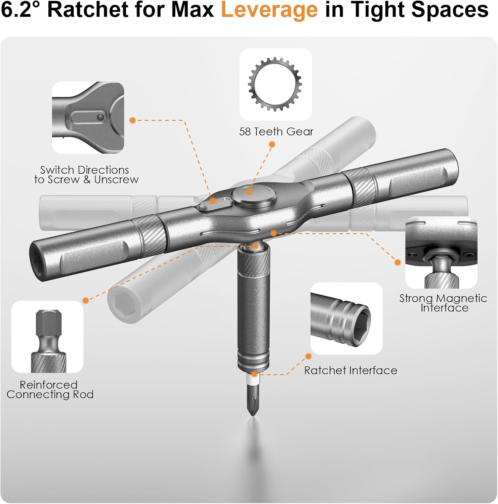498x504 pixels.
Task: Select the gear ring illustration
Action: pos(275,84)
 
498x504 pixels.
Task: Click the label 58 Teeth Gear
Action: pos(276,131)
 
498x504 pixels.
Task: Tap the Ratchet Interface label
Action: pos(350,370)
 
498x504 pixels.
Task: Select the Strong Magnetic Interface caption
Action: pos(443,303)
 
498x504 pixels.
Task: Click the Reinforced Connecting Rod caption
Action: pos(50,389)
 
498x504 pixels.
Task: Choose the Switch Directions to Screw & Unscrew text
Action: pos(86,175)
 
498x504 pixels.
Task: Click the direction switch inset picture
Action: pos(88,118)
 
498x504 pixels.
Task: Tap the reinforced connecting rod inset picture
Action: pos(47,337)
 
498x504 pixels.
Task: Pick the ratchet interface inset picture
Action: pos(346,319)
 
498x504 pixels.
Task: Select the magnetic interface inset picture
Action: pos(441,253)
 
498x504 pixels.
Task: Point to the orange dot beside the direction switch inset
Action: pos(133,120)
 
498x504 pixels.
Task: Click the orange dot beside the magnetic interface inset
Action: pos(398,262)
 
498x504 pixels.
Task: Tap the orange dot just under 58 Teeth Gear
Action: pos(272,144)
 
